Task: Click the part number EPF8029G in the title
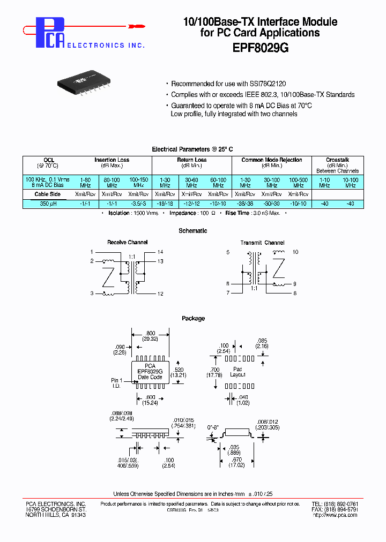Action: pos(261,47)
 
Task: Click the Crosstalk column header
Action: pos(337,160)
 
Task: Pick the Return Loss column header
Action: pos(191,160)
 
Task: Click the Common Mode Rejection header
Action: pos(271,160)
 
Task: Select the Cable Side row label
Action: pos(48,194)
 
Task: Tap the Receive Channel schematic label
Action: pos(127,243)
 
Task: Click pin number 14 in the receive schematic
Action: pos(160,252)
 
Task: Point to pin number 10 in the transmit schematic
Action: pos(295,252)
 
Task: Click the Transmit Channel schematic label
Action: pos(262,243)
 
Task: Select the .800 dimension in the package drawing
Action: pos(150,333)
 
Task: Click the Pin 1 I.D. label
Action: pos(117,383)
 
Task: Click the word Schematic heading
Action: pos(192,231)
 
